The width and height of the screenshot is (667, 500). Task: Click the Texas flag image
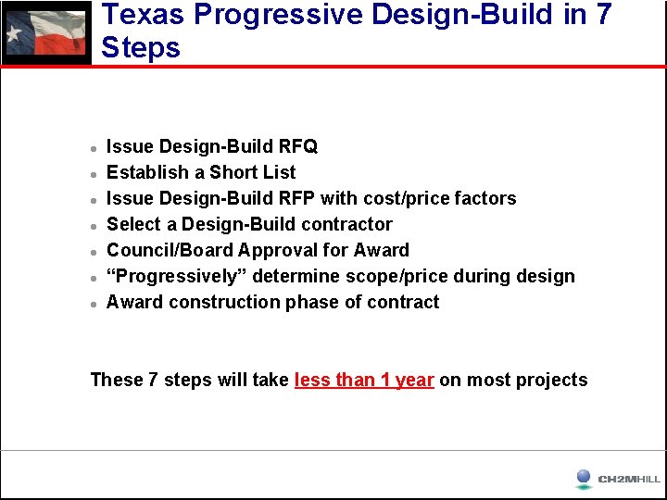(45, 32)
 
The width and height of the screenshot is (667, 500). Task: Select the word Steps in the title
(141, 48)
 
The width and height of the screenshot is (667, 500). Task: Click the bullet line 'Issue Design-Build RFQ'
(212, 146)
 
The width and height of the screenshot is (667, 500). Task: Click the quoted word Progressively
(177, 276)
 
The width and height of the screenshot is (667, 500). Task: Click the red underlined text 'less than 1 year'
(364, 380)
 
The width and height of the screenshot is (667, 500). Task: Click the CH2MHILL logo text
(629, 479)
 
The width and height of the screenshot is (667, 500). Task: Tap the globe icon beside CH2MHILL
(583, 478)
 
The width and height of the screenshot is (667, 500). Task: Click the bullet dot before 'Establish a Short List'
(94, 174)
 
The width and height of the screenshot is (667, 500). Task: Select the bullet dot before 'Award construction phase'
(94, 304)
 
